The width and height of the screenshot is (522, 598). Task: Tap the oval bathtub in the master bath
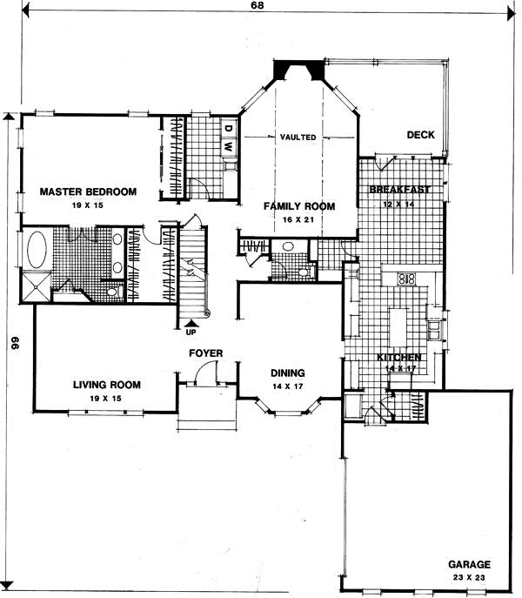pos(37,252)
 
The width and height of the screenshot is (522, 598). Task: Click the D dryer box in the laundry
pos(228,129)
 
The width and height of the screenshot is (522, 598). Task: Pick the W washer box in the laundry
pos(228,148)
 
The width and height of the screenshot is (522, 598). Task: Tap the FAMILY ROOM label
pos(299,206)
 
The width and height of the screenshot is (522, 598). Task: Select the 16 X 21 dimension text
pos(299,219)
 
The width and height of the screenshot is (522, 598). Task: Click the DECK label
pos(420,134)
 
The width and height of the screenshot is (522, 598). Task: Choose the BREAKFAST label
pos(400,190)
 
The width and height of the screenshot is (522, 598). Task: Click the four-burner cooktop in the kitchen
pos(406,280)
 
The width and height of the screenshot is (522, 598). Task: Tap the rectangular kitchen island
pos(398,326)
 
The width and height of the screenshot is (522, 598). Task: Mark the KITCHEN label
pos(399,358)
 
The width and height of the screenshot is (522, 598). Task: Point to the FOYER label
pos(207,353)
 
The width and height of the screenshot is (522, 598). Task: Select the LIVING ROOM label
pos(106,384)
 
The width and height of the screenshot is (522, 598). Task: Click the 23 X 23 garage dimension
pos(470,577)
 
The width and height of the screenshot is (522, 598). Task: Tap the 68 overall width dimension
pos(258,6)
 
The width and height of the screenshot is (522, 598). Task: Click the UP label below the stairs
pos(191,331)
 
